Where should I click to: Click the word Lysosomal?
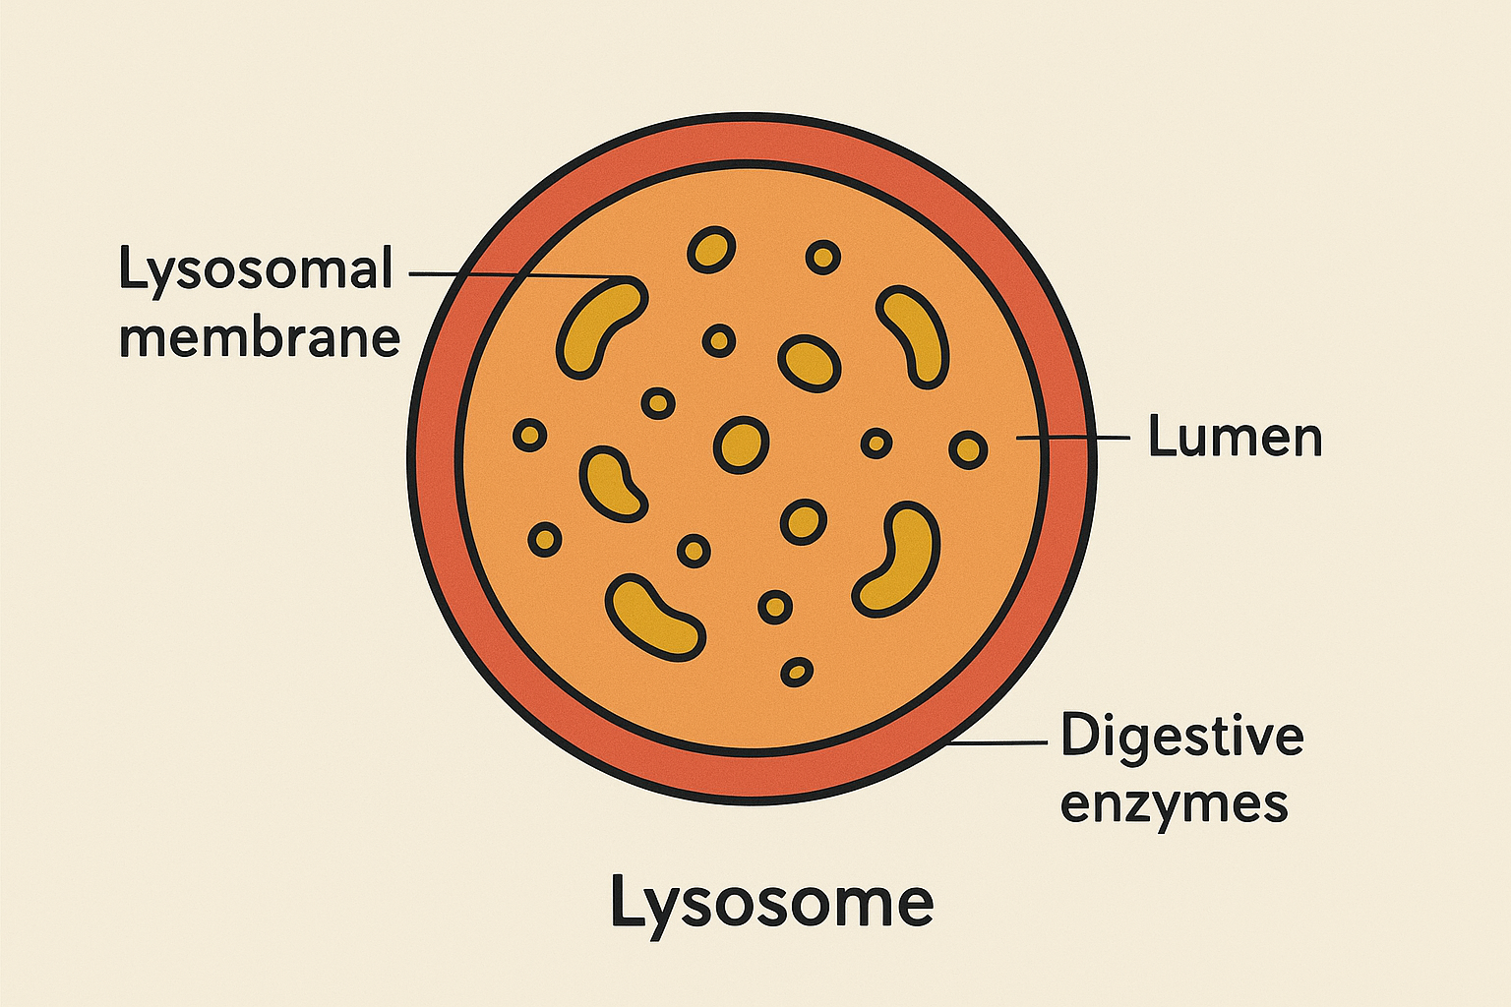pyautogui.click(x=256, y=269)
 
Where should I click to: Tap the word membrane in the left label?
pyautogui.click(x=260, y=338)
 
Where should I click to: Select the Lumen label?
pyautogui.click(x=1235, y=437)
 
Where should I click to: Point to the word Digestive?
pyautogui.click(x=1181, y=736)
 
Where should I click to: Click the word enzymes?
pyautogui.click(x=1174, y=804)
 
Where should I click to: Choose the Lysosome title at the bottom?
pyautogui.click(x=771, y=902)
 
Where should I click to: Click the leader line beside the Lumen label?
pyautogui.click(x=1072, y=437)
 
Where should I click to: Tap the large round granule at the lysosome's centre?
pyautogui.click(x=741, y=444)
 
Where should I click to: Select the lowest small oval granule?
pyautogui.click(x=797, y=673)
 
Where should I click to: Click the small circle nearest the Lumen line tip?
pyautogui.click(x=968, y=449)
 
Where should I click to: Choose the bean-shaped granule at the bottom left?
pyautogui.click(x=654, y=617)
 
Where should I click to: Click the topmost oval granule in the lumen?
pyautogui.click(x=710, y=250)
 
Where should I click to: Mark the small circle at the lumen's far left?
pyautogui.click(x=530, y=435)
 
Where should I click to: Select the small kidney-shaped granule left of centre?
pyautogui.click(x=612, y=482)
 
